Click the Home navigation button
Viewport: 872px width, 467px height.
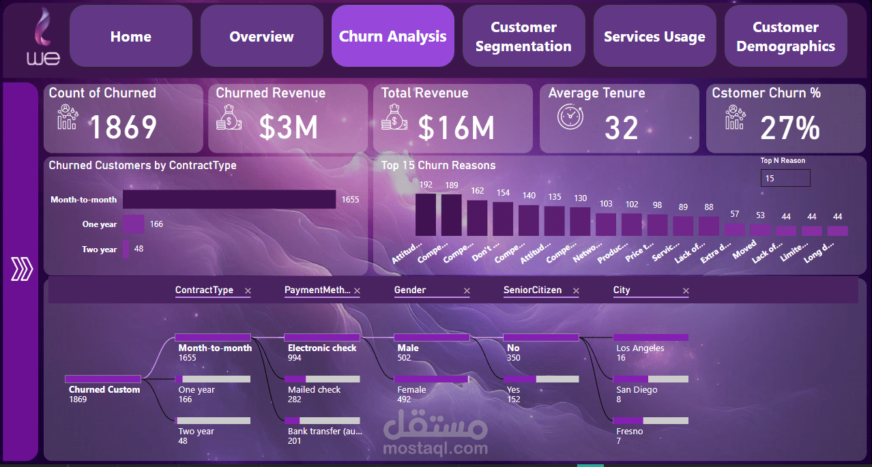(130, 36)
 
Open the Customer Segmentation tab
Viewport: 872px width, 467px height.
(523, 36)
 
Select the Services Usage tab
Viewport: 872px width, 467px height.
(654, 36)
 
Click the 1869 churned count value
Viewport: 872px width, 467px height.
(123, 127)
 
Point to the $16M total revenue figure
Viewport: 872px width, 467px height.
(456, 127)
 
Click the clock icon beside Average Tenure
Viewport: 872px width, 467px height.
(570, 117)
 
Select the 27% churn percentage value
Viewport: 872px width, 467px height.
(789, 127)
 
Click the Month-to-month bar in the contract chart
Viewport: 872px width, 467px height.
(229, 200)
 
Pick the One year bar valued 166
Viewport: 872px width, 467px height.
(133, 224)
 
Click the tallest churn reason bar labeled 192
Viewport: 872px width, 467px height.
(425, 214)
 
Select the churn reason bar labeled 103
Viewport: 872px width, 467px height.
(606, 224)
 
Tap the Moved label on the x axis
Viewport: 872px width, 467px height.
(745, 249)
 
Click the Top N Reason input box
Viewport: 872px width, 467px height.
(785, 178)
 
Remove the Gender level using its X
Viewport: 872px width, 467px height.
(467, 291)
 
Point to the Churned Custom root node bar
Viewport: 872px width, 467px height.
(103, 378)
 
